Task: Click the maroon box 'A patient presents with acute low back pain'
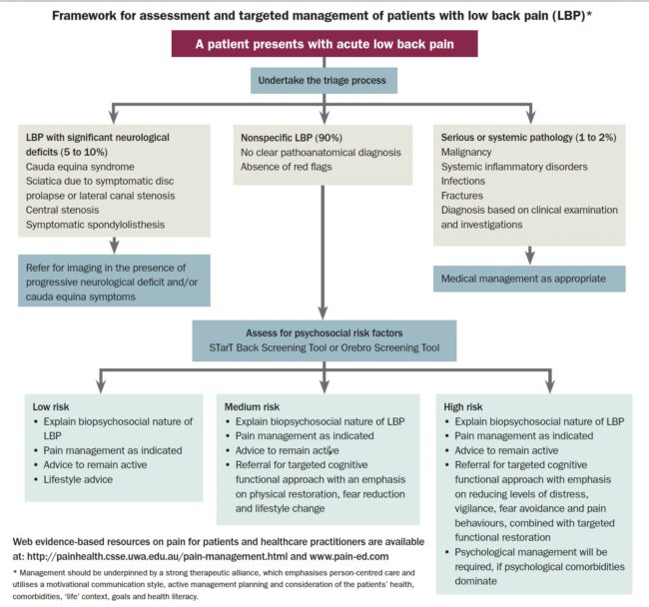coord(324,45)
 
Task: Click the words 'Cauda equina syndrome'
coord(84,166)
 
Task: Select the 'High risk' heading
coord(464,407)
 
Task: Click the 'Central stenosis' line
coord(69,211)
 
